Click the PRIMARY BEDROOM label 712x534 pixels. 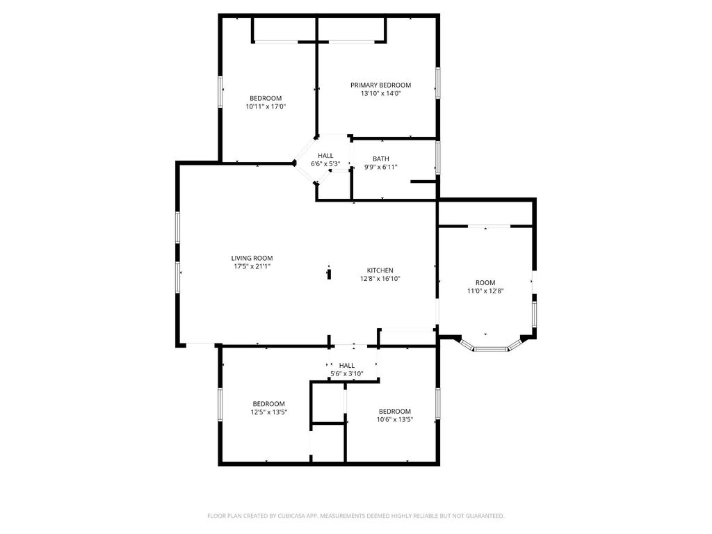tap(380, 85)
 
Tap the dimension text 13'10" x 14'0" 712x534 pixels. tap(380, 94)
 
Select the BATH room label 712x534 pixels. tap(380, 159)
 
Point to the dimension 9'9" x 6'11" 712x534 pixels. tap(380, 167)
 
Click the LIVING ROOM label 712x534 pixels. tap(252, 258)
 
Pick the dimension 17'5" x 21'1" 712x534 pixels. tap(252, 266)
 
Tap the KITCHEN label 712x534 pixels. tap(380, 270)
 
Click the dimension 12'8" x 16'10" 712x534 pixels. tap(380, 279)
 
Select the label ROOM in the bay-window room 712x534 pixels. tap(485, 282)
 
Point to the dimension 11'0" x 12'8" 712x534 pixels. tap(485, 291)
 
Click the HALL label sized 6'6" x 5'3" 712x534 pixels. tap(325, 155)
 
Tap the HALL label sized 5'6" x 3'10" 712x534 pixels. tap(346, 365)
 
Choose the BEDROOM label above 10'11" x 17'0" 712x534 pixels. tap(266, 98)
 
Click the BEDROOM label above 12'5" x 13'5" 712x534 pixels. tap(269, 404)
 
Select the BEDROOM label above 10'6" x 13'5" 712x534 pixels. tap(395, 412)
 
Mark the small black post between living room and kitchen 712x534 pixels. tap(329, 274)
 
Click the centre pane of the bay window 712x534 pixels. tap(491, 349)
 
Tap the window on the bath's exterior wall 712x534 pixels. tap(438, 158)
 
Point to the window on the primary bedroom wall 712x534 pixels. tap(438, 83)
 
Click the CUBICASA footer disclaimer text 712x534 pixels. tap(356, 516)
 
